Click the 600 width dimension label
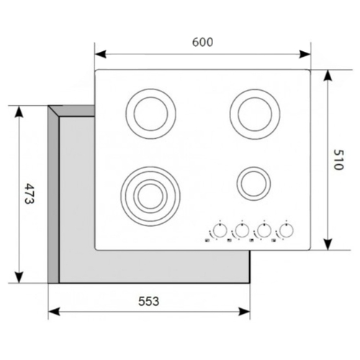[202, 42]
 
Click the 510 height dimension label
[339, 160]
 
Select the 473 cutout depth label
[30, 194]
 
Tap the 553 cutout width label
[148, 301]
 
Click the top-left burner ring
[150, 89]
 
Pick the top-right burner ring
[255, 89]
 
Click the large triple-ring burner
[150, 167]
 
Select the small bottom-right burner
[253, 167]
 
